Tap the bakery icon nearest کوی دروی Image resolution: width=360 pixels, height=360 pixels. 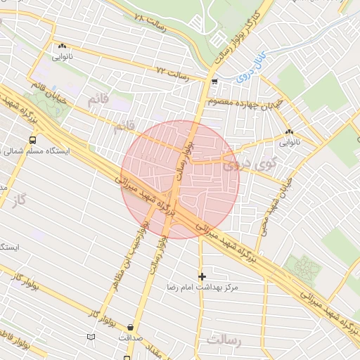tap(290, 131)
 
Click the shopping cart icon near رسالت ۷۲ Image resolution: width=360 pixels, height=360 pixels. tap(214, 82)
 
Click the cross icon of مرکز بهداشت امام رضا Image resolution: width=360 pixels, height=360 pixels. tap(202, 276)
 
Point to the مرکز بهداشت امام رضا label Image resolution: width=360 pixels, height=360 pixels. tap(202, 288)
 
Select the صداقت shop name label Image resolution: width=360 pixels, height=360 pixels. tap(131, 337)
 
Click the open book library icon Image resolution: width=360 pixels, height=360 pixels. tap(91, 338)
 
